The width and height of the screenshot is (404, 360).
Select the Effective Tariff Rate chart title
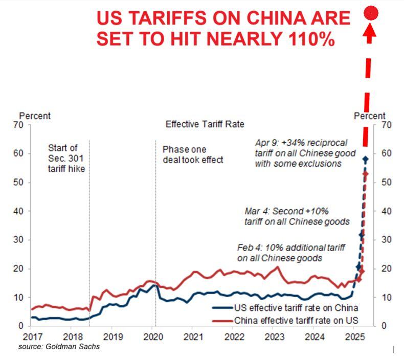205,124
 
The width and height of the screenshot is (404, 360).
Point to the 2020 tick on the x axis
154,336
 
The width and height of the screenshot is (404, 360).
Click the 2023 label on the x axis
275,336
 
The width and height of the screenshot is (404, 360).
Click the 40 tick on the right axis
386,211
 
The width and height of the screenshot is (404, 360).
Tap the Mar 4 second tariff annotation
297,216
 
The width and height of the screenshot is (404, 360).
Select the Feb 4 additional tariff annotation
279,253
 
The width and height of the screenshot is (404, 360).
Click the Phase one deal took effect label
193,154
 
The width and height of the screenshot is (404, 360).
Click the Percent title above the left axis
35,116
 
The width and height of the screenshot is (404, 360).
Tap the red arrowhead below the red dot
371,33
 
